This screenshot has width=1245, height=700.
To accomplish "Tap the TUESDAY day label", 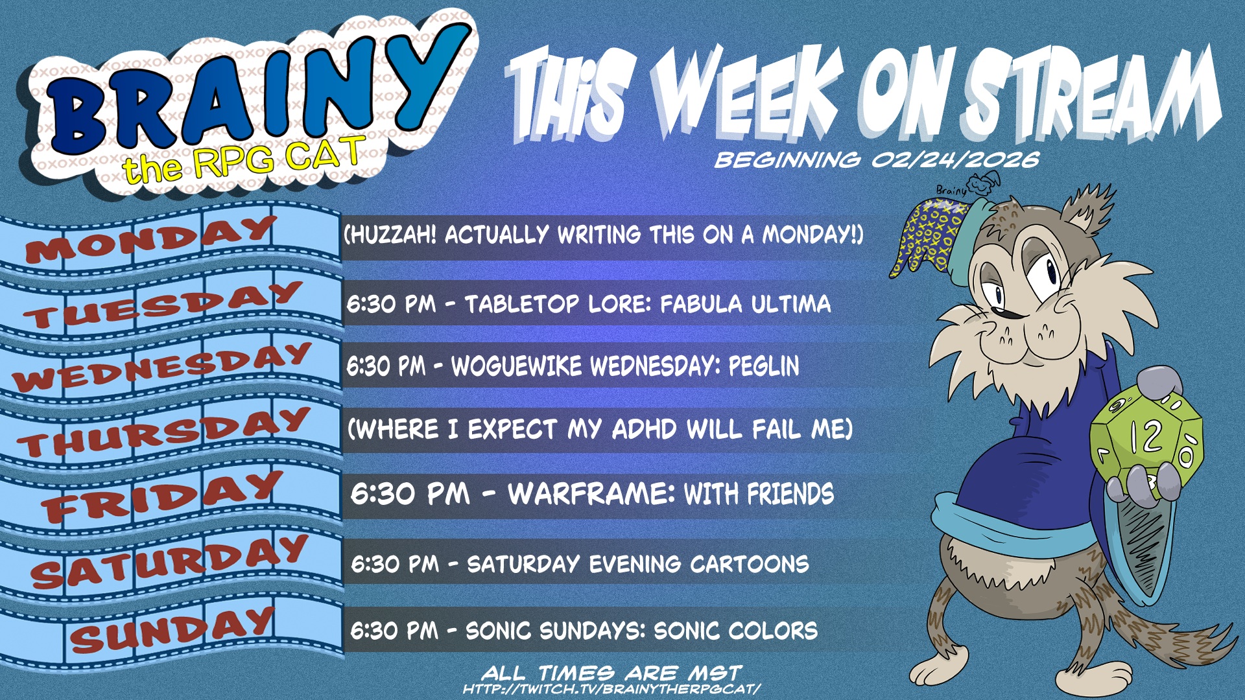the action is (162, 305).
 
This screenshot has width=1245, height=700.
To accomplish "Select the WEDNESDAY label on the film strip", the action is (162, 367).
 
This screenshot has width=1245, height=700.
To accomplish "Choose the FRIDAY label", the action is (162, 496).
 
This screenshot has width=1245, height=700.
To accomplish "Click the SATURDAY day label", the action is (169, 561).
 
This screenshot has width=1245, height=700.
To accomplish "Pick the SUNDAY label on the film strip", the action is (172, 629).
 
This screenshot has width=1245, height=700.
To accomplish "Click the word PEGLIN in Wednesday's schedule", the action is (763, 367).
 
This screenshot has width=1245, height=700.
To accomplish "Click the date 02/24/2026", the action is (955, 159).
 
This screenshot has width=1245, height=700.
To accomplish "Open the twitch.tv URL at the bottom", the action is (611, 689).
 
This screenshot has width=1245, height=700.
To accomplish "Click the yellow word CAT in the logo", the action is (323, 156).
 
